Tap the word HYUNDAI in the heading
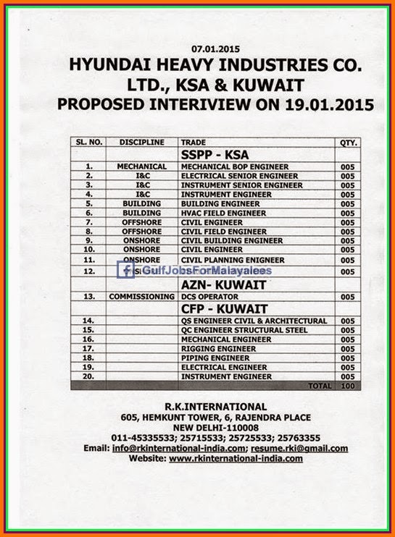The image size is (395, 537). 108,66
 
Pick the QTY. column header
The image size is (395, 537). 348,143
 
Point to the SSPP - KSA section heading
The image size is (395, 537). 214,154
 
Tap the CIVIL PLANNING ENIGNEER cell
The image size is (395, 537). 232,260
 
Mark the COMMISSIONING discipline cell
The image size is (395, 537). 141,297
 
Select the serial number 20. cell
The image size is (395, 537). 89,376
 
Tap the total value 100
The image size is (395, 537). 348,386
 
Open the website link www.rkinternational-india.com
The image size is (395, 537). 236,458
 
